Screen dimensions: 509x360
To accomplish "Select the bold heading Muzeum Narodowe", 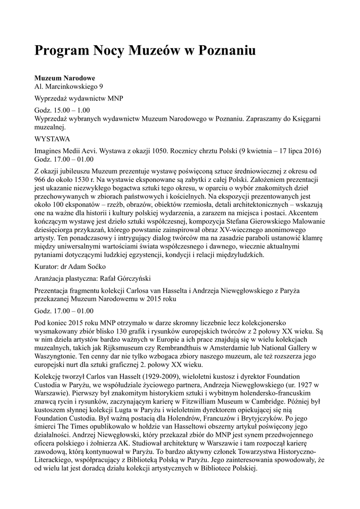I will click(65, 79).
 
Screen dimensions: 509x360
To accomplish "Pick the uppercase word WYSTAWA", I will click(52, 139).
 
